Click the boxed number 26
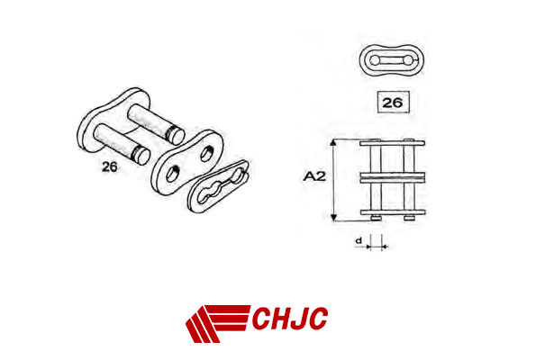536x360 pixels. (393, 103)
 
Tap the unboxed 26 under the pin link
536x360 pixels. (110, 166)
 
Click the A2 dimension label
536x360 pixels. (314, 176)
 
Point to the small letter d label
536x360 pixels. (359, 240)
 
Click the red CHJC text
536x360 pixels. (290, 318)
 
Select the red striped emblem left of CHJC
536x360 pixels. (218, 323)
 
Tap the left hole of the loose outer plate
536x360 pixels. (172, 174)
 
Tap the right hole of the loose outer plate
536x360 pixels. (206, 154)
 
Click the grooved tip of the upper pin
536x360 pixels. (177, 135)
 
